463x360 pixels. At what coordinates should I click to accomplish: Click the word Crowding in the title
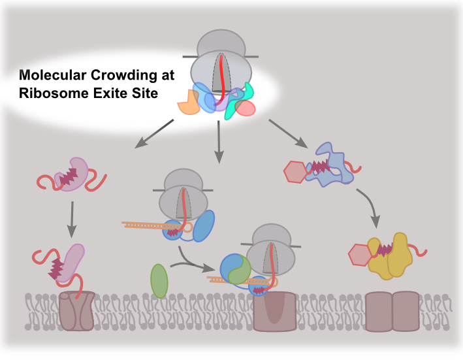(x=123, y=75)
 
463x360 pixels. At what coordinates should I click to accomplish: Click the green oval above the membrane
(x=159, y=281)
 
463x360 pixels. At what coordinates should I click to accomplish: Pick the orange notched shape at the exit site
(x=189, y=103)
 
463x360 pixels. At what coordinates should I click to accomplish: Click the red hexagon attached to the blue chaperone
(x=296, y=172)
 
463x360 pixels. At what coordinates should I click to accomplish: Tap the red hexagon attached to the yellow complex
(x=360, y=255)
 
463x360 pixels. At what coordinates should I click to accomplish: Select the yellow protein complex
(x=390, y=255)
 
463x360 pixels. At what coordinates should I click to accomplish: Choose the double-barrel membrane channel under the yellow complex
(x=392, y=311)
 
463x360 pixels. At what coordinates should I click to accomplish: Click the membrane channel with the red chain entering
(x=77, y=311)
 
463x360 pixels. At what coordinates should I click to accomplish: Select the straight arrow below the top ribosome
(x=219, y=142)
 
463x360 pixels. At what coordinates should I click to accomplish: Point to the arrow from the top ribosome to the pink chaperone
(x=154, y=133)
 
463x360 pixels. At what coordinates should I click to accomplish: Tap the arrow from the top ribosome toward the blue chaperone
(x=288, y=133)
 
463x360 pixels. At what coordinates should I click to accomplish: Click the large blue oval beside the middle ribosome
(x=204, y=226)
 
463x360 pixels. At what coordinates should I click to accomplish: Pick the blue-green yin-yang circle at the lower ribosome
(x=235, y=269)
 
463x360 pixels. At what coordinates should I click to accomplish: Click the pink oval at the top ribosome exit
(x=246, y=108)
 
